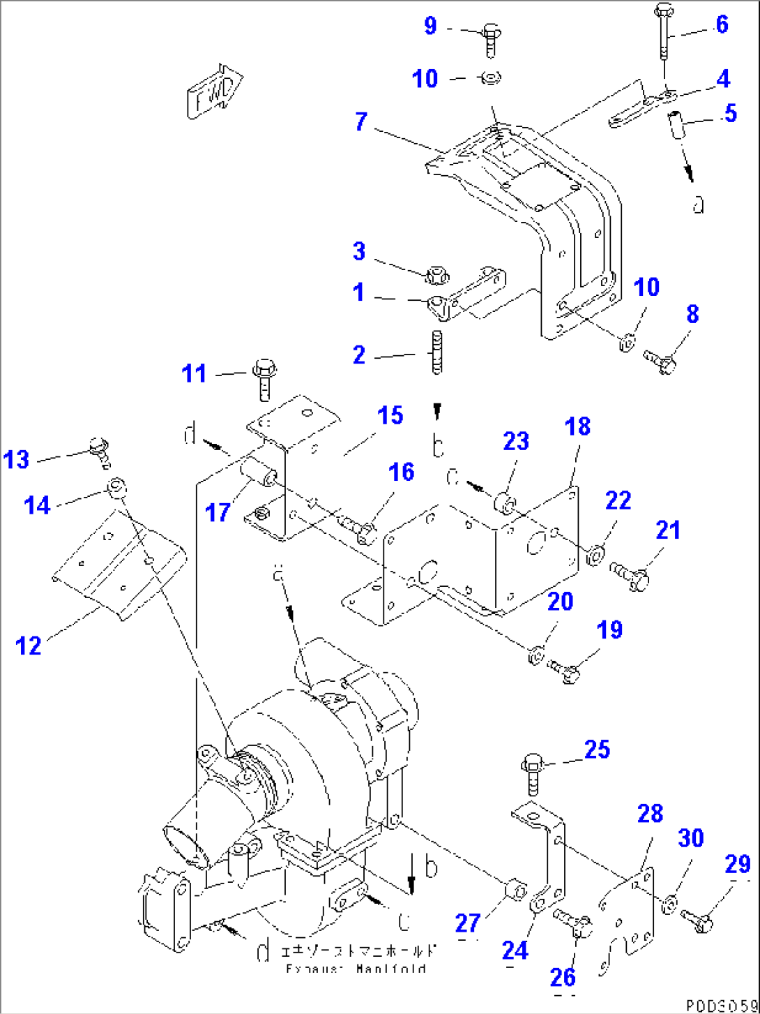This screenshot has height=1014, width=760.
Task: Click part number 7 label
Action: click(x=360, y=121)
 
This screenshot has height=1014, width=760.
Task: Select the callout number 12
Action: click(x=29, y=646)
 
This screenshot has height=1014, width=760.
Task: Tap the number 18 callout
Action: click(x=577, y=426)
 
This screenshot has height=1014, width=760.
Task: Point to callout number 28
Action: click(x=650, y=813)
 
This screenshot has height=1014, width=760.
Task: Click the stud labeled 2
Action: click(x=437, y=354)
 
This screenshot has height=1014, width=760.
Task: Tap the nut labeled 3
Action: click(x=435, y=274)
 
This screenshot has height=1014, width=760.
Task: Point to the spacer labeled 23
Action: click(x=504, y=502)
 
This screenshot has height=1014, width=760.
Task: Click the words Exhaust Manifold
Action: click(x=356, y=969)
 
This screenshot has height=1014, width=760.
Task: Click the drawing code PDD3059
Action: click(x=721, y=1006)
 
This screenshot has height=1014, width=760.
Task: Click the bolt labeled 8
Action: click(x=660, y=361)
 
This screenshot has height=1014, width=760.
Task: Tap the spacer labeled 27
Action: click(x=515, y=891)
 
